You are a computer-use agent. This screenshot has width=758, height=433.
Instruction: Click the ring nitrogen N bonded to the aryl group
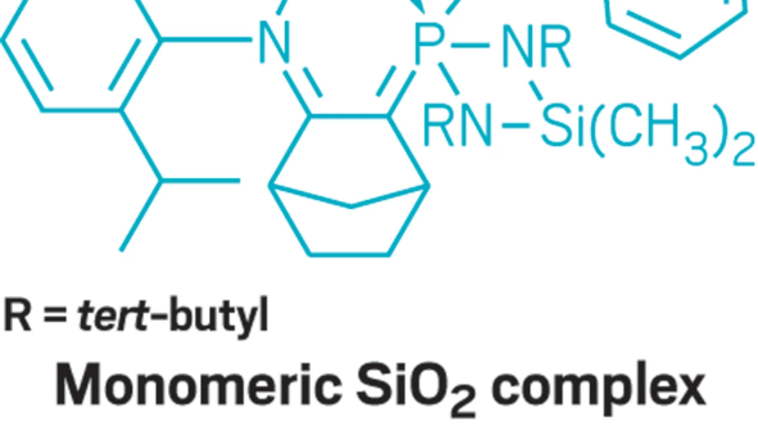click(x=274, y=42)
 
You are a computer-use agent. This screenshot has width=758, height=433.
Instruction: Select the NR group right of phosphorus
click(x=537, y=46)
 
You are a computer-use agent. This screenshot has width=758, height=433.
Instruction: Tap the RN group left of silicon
click(x=457, y=125)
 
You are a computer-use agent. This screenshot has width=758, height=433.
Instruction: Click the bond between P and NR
click(x=470, y=45)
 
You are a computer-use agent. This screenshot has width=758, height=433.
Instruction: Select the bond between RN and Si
click(x=516, y=126)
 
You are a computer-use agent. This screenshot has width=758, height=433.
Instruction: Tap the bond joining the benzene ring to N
click(x=206, y=40)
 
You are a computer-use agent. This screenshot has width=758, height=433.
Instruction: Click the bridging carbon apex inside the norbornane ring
click(x=351, y=206)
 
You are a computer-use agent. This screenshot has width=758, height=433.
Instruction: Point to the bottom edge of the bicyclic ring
click(x=349, y=254)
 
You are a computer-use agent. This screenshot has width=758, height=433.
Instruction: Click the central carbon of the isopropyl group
click(x=161, y=181)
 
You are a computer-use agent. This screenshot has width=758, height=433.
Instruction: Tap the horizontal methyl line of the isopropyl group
click(x=201, y=181)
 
